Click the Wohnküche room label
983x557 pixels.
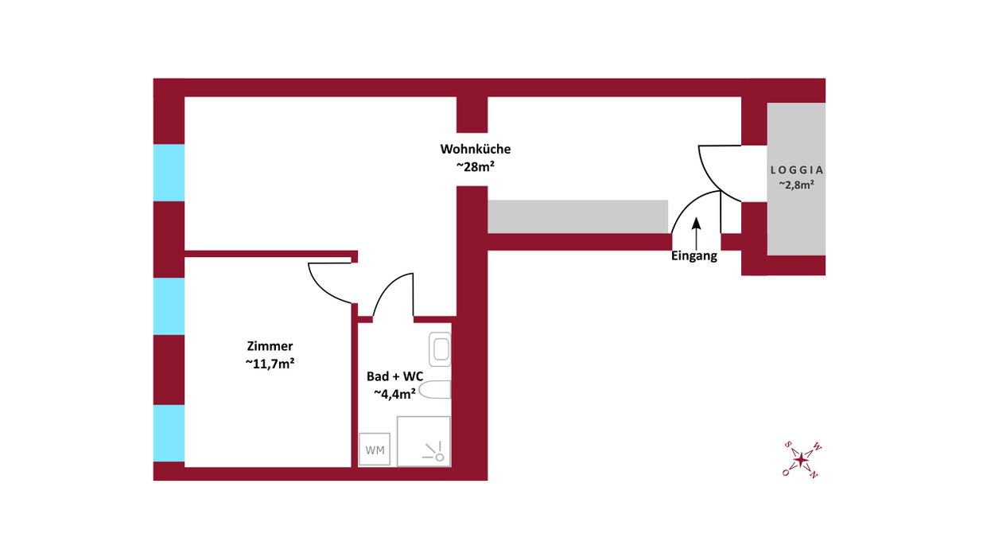click(476, 150)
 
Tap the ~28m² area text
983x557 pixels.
click(476, 167)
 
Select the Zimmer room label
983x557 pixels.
click(270, 346)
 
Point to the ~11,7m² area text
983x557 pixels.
click(270, 364)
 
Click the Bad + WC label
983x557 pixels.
click(395, 376)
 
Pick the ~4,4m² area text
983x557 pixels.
click(394, 394)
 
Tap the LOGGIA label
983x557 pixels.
click(797, 169)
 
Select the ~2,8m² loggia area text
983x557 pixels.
click(796, 185)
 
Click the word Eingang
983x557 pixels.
click(694, 256)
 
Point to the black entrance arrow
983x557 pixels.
click(697, 234)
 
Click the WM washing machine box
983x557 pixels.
click(375, 449)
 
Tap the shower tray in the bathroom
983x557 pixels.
click(423, 441)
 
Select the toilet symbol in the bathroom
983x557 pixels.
click(435, 390)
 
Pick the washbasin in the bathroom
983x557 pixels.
click(440, 349)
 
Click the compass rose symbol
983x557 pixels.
click(802, 460)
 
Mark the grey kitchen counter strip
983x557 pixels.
click(578, 216)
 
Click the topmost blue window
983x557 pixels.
click(169, 173)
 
